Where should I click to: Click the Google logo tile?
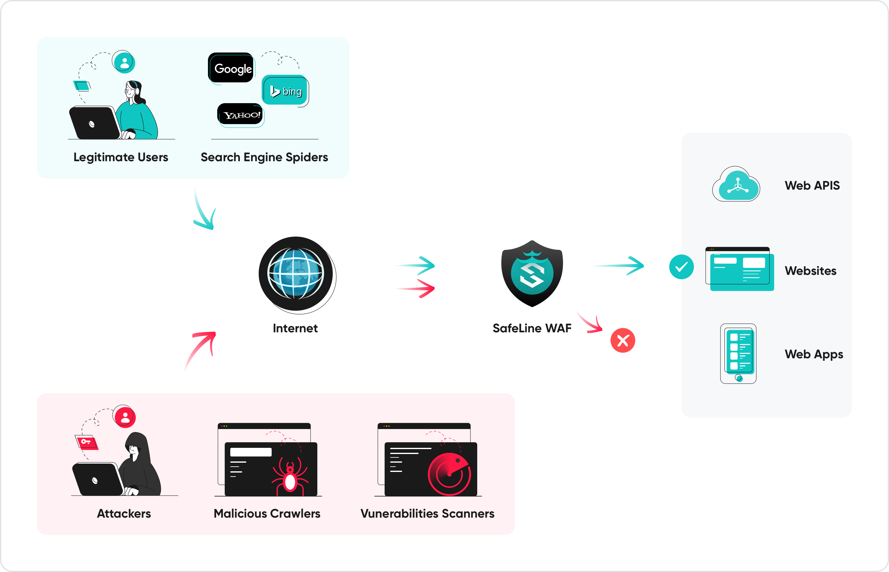[231, 68]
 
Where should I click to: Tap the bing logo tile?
[285, 90]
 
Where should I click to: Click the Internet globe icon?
[296, 274]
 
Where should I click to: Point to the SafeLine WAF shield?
[532, 274]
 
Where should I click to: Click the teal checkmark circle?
[681, 267]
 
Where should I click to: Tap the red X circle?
[623, 340]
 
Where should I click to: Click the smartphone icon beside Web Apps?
[738, 353]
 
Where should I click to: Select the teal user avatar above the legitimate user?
[124, 62]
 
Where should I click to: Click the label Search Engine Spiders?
[264, 157]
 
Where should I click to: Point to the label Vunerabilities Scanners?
[427, 513]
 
